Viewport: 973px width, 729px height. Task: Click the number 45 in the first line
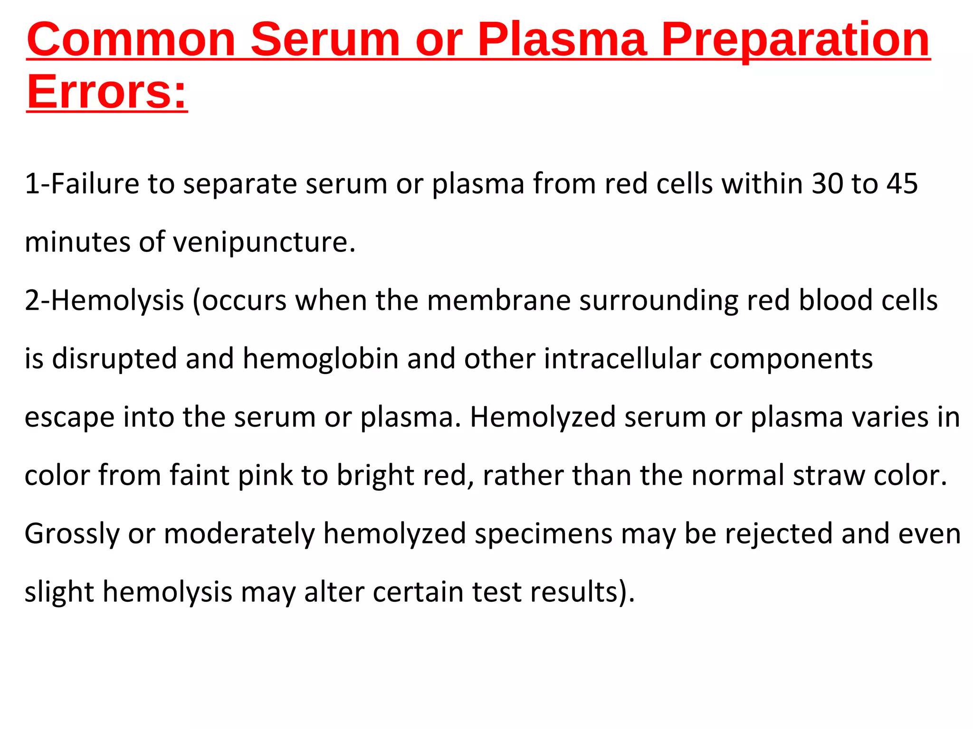pos(902,184)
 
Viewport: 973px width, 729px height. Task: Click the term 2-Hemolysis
pos(104,300)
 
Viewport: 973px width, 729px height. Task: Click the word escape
pos(69,417)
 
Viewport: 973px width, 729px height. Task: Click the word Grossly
pos(72,534)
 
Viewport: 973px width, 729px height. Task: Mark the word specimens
pos(544,534)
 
